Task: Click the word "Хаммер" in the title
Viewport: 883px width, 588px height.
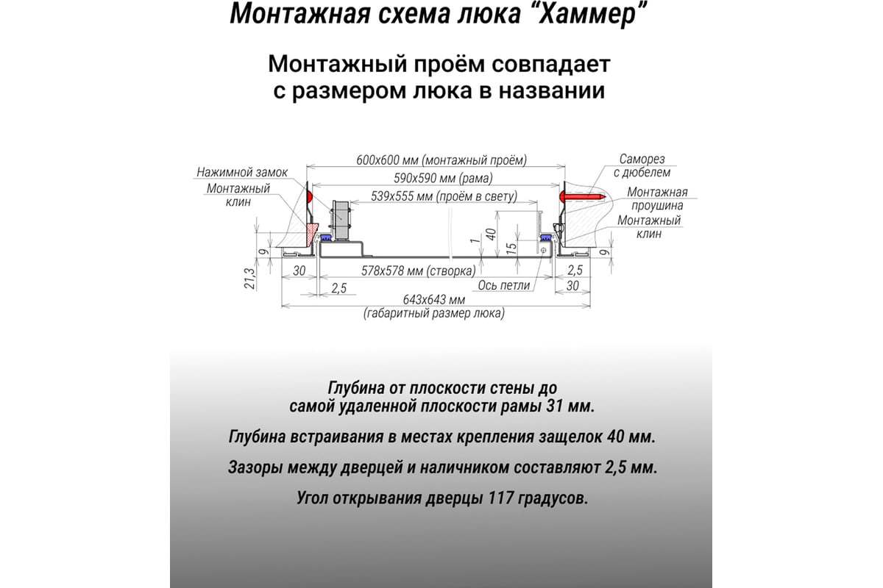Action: click(586, 14)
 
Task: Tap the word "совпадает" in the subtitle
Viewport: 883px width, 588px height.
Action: click(551, 64)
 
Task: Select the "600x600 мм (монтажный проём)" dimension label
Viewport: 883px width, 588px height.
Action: click(441, 160)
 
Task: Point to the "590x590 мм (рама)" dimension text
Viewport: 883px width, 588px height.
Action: click(443, 179)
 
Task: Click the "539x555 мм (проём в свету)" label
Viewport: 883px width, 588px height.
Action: click(444, 196)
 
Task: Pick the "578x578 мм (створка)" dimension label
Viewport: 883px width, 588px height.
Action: click(418, 271)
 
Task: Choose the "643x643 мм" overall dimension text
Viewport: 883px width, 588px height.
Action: click(433, 300)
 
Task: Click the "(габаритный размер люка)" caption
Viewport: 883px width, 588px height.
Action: click(433, 314)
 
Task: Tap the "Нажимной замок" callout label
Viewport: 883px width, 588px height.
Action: click(242, 173)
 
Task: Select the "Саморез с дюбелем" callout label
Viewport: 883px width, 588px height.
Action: click(642, 166)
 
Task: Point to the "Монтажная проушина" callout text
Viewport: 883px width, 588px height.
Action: click(657, 199)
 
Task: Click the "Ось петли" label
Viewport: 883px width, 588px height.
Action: click(504, 285)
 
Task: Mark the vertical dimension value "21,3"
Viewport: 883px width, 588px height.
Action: click(249, 279)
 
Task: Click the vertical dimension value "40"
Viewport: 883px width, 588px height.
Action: click(491, 234)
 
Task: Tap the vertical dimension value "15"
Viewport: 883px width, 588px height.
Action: click(511, 248)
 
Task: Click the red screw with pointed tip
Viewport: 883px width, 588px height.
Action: click(582, 196)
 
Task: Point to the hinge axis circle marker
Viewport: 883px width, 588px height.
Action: click(543, 250)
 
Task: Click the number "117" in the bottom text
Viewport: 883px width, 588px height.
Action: click(500, 498)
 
